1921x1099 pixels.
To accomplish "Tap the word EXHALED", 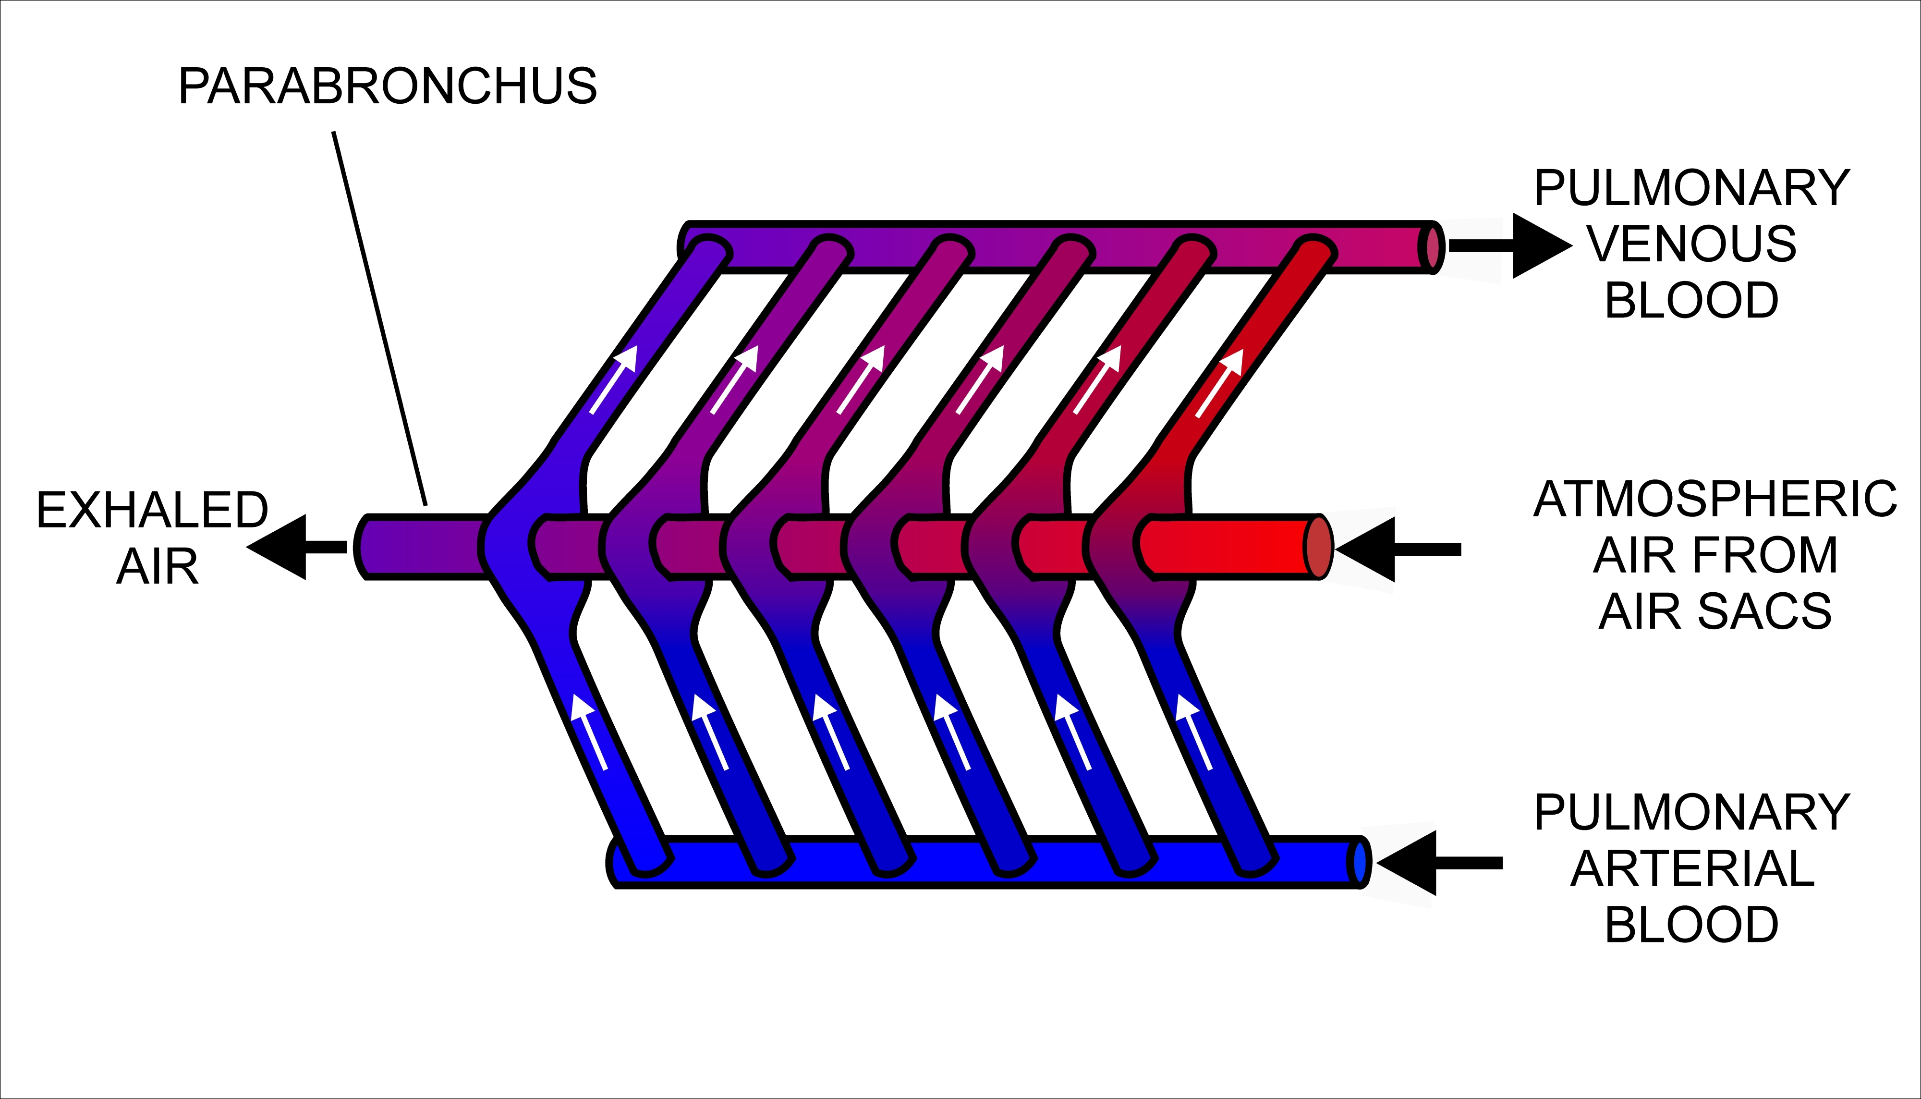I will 152,510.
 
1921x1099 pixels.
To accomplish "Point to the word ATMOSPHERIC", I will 1715,499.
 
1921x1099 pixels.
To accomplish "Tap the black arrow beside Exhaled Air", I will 294,547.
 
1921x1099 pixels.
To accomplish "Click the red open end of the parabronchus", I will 1319,547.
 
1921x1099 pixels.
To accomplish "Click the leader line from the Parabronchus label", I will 379,317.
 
